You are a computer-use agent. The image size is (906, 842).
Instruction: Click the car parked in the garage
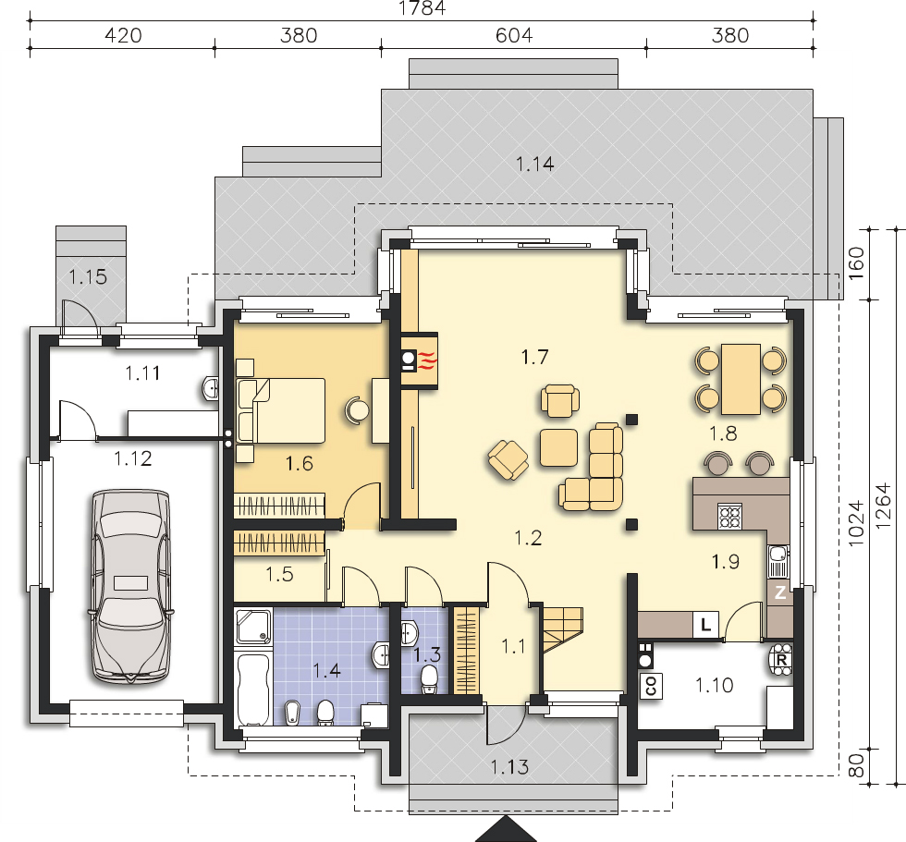[x=131, y=587]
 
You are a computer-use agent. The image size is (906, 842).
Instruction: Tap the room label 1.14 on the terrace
[x=534, y=164]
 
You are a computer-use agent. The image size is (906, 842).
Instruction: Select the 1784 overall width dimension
[x=422, y=7]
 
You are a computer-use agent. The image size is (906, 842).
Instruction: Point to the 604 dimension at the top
[x=514, y=35]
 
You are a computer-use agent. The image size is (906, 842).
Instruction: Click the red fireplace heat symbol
[x=427, y=360]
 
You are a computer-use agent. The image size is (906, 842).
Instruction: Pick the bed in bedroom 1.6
[x=281, y=410]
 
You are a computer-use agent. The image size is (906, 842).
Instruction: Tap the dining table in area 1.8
[x=741, y=379]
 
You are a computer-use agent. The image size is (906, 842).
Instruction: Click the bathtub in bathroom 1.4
[x=253, y=689]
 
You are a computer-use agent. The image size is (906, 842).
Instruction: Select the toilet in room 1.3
[x=429, y=679]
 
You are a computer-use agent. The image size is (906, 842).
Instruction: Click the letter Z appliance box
[x=779, y=592]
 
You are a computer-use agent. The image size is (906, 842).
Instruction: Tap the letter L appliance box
[x=705, y=624]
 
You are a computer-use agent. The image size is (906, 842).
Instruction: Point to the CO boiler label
[x=651, y=686]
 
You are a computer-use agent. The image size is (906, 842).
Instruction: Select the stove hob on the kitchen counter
[x=729, y=517]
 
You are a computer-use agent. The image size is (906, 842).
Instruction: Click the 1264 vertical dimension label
[x=882, y=506]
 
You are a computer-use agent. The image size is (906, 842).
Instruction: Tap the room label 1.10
[x=714, y=686]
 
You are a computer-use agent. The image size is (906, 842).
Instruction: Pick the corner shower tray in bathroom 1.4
[x=253, y=628]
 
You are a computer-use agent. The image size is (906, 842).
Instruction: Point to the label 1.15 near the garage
[x=88, y=277]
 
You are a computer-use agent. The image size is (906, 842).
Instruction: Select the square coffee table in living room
[x=558, y=447]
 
